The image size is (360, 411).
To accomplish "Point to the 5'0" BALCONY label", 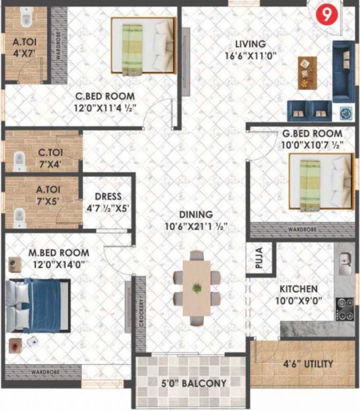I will coord(194,383).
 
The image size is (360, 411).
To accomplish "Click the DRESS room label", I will coord(108,196).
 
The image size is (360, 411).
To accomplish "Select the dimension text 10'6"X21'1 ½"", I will coord(196,227).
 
